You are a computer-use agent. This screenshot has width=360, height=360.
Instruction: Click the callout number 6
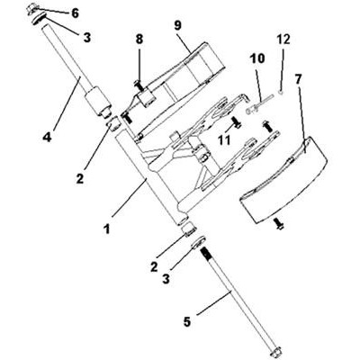pyautogui.click(x=75, y=13)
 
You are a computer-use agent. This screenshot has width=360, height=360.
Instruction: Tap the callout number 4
pyautogui.click(x=47, y=137)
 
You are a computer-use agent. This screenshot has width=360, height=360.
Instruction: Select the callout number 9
pyautogui.click(x=177, y=25)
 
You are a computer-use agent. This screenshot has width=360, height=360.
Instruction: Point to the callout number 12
pyautogui.click(x=283, y=40)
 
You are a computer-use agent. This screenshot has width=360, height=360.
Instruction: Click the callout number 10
pyautogui.click(x=257, y=58)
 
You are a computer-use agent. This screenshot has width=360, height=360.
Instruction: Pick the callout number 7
pyautogui.click(x=298, y=79)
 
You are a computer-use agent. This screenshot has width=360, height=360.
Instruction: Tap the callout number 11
pyautogui.click(x=224, y=139)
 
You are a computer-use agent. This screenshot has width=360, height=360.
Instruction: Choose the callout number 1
pyautogui.click(x=106, y=229)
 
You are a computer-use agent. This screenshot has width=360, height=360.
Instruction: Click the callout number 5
pyautogui.click(x=186, y=322)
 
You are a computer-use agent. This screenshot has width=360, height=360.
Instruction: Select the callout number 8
pyautogui.click(x=139, y=40)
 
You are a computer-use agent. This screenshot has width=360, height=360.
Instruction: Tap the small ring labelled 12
pyautogui.click(x=281, y=93)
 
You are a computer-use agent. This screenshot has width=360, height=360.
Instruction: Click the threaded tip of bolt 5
pyautogui.click(x=205, y=251)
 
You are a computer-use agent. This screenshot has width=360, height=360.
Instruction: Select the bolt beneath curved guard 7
pyautogui.click(x=279, y=224)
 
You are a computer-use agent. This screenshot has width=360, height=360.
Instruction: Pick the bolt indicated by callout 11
pyautogui.click(x=237, y=122)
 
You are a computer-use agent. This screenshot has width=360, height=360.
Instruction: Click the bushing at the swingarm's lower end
pyautogui.click(x=190, y=230)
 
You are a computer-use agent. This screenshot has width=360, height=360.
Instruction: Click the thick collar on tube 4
pyautogui.click(x=97, y=101)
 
